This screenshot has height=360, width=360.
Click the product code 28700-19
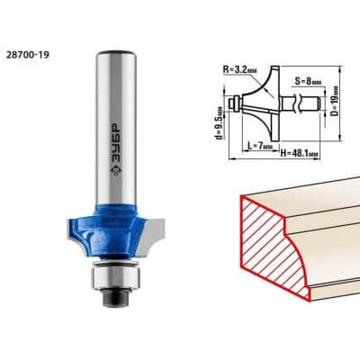coord(27,55)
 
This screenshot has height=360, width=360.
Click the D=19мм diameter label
coord(335,101)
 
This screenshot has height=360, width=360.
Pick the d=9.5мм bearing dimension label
coord(220,123)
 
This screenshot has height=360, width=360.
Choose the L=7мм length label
coord(260,146)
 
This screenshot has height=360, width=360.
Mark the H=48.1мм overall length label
coord(299,154)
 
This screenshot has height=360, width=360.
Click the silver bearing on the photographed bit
coord(115,279)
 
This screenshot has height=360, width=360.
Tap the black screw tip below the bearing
coord(115,298)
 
